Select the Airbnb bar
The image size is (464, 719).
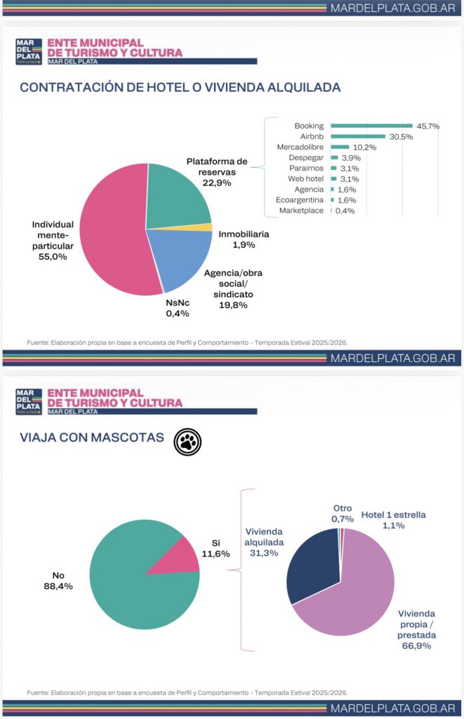click(x=358, y=136)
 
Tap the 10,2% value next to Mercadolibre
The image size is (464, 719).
click(x=365, y=147)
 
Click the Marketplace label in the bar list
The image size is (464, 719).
click(x=301, y=210)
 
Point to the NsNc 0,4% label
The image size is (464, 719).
click(x=178, y=308)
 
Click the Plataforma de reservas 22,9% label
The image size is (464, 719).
click(x=217, y=172)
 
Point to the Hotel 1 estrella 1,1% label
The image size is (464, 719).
click(x=393, y=520)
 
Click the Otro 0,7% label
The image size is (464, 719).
click(x=342, y=513)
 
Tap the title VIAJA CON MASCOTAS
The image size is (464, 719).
click(x=91, y=438)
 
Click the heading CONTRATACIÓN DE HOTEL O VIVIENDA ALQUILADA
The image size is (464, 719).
click(x=180, y=88)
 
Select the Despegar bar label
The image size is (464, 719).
click(x=306, y=157)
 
